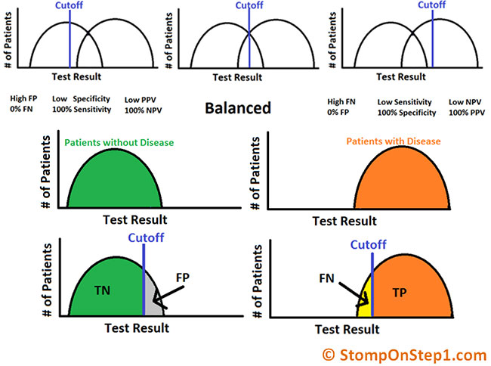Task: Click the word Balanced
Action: coord(238,108)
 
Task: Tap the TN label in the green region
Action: coord(103,290)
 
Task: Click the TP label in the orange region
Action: coord(400,293)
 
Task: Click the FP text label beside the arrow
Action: coord(183,278)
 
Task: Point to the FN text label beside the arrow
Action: coord(326,278)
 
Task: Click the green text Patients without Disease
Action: coord(119,143)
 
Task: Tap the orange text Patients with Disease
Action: coord(394,141)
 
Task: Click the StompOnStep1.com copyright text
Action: coord(404,355)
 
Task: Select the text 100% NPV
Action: coord(143,110)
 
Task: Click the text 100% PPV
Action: coord(467,113)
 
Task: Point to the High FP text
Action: coord(23,98)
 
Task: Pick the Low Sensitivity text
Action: coord(404,102)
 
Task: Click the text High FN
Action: coord(341,102)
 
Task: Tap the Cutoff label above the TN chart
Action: coord(146,238)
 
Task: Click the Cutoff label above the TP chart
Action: coord(369,244)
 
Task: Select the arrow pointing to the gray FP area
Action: coord(168,296)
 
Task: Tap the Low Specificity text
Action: coord(81,99)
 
